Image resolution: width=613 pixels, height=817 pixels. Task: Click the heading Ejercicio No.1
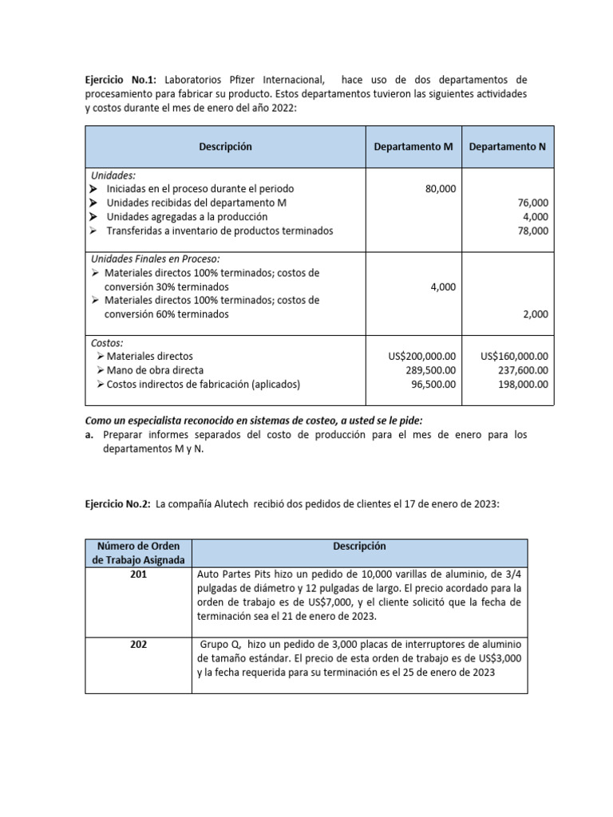pyautogui.click(x=120, y=81)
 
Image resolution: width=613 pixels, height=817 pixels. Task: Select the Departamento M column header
pyautogui.click(x=413, y=147)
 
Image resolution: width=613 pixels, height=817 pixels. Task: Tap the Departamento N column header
pyautogui.click(x=507, y=147)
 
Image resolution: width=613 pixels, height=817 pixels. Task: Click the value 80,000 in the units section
pyautogui.click(x=441, y=189)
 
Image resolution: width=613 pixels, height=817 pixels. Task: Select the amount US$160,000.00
pyautogui.click(x=514, y=357)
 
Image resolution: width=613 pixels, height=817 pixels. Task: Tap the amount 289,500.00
pyautogui.click(x=432, y=370)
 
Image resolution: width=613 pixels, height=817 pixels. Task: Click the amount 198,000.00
pyautogui.click(x=524, y=384)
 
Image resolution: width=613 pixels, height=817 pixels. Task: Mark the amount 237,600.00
pyautogui.click(x=524, y=370)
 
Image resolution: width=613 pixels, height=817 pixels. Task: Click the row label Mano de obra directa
pyautogui.click(x=155, y=370)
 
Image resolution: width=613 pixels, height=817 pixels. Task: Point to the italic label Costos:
pyautogui.click(x=107, y=342)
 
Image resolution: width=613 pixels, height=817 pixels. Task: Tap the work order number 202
pyautogui.click(x=138, y=644)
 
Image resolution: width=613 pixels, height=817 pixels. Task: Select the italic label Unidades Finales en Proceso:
pyautogui.click(x=155, y=259)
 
